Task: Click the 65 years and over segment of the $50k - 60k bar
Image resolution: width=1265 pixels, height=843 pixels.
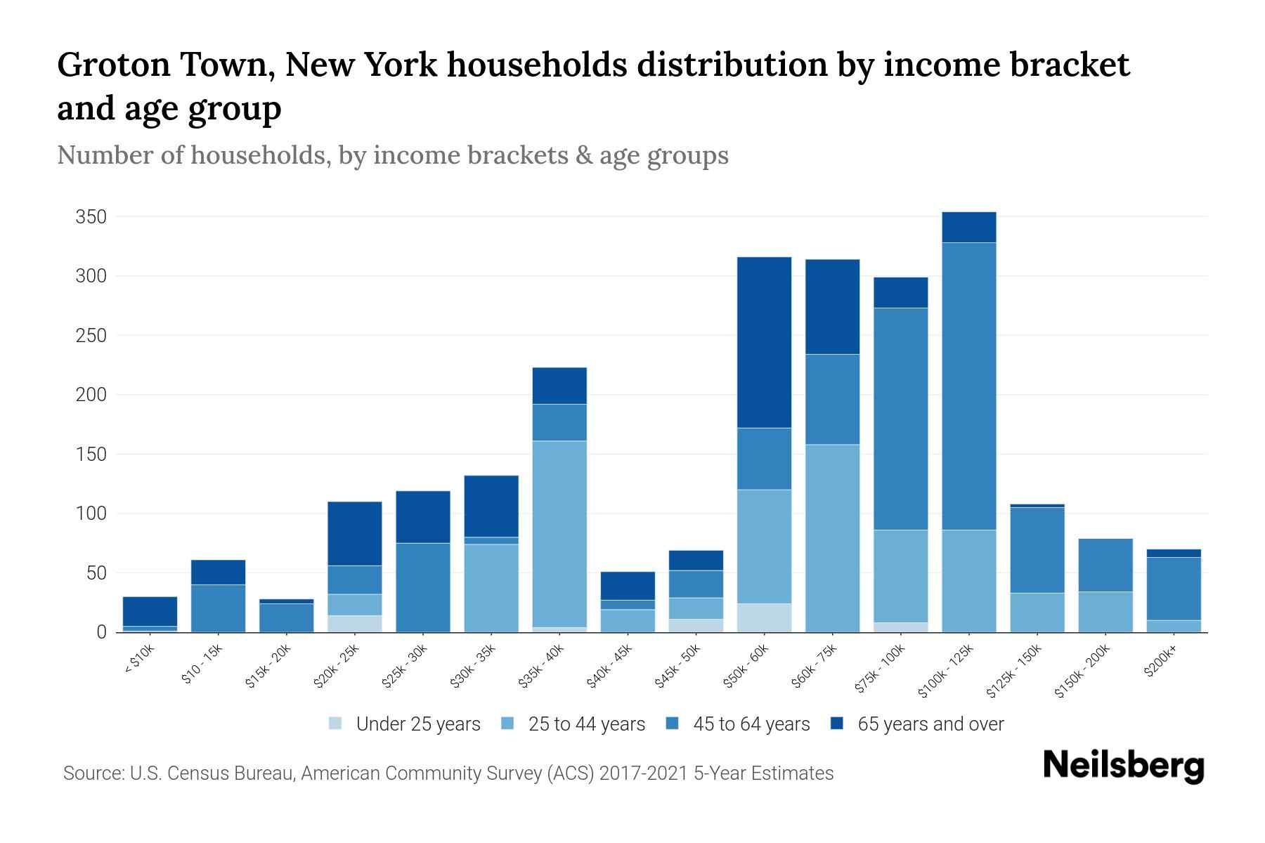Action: coord(764,342)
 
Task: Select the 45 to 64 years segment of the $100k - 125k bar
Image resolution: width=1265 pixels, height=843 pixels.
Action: coord(968,386)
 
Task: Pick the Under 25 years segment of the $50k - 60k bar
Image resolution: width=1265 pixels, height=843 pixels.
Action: coord(764,617)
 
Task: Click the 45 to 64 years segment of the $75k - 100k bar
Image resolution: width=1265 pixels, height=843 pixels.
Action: coord(900,419)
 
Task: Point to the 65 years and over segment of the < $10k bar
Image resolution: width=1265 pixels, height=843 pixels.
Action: coord(150,611)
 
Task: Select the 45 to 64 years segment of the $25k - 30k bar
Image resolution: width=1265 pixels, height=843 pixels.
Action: coord(423,587)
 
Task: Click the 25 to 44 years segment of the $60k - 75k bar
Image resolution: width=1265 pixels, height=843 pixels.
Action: coord(832,538)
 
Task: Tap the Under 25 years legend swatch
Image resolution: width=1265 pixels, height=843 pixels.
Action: coord(336,724)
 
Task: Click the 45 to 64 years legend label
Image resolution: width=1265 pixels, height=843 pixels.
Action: coord(751,724)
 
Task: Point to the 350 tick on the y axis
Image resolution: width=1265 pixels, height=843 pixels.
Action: coord(91,217)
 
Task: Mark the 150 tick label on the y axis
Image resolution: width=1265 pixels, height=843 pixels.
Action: coord(91,455)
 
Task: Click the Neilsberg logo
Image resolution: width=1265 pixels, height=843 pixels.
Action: coord(1123,766)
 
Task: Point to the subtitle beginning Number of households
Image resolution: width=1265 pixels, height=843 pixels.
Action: coord(392,155)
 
